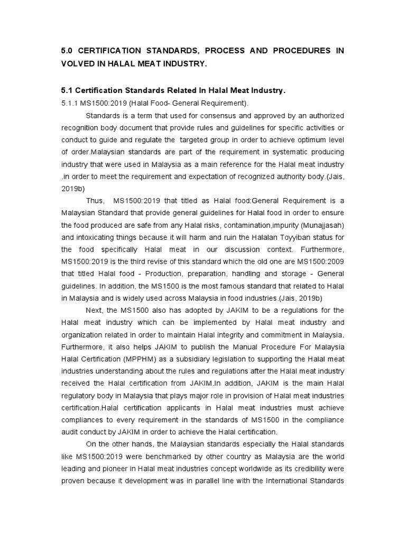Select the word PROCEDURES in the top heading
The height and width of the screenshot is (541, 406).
coord(299,50)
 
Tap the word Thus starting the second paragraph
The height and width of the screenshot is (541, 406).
coord(94,201)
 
